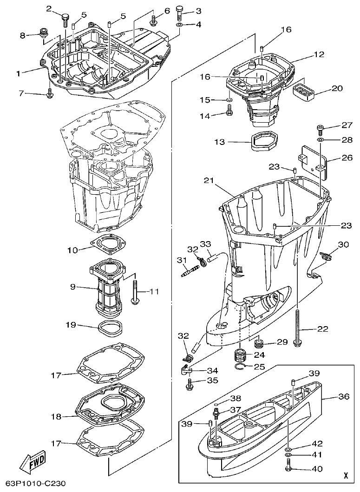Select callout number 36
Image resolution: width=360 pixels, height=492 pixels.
[x=343, y=397]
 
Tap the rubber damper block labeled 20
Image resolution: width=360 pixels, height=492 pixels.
[x=305, y=89]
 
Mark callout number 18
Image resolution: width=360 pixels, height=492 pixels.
[x=56, y=417]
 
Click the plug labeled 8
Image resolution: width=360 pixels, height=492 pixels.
[x=44, y=33]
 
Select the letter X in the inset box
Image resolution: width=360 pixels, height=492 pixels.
[x=345, y=475]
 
